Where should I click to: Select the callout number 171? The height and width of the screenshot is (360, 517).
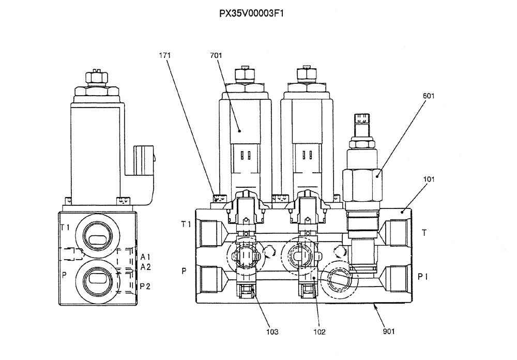pyautogui.click(x=165, y=55)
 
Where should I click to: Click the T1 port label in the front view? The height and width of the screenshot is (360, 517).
pyautogui.click(x=186, y=224)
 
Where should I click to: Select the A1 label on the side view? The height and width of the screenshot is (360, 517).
pyautogui.click(x=145, y=257)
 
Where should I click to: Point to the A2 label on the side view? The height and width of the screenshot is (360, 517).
pyautogui.click(x=145, y=267)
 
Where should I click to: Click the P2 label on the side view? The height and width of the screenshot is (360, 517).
pyautogui.click(x=145, y=286)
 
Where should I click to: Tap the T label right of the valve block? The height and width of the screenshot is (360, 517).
pyautogui.click(x=424, y=233)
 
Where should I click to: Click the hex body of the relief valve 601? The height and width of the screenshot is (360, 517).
pyautogui.click(x=362, y=185)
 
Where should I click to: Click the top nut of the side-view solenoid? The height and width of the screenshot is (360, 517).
pyautogui.click(x=96, y=79)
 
